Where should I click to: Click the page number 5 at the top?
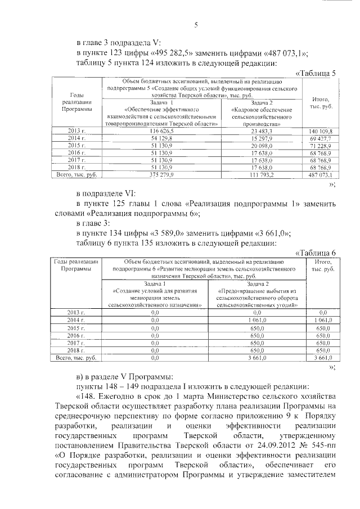coord(196,24)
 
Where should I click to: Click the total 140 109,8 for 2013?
coord(321,130)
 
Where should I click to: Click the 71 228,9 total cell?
coord(321,145)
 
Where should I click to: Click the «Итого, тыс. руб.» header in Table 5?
coord(320,103)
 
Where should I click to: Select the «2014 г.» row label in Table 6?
coord(75,319)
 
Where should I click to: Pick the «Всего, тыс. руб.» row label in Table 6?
coord(75,357)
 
